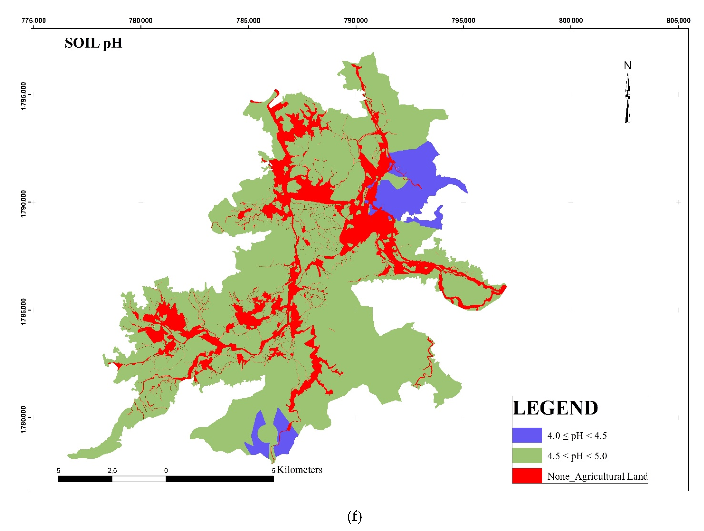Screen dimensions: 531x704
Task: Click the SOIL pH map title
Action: point(93,43)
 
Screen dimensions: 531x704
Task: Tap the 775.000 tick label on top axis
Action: point(33,20)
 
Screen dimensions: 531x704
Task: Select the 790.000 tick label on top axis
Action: point(356,20)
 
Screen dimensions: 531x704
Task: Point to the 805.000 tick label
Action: point(678,20)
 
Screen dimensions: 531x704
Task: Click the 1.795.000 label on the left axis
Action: point(23,96)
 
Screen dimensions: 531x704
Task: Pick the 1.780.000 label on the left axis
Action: point(23,419)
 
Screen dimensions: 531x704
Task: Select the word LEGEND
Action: point(555,408)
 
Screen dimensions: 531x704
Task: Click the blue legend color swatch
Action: point(527,435)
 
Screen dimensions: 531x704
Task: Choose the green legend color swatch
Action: point(527,456)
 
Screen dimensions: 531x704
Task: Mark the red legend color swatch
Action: point(527,476)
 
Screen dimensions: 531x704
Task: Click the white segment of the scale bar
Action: point(139,479)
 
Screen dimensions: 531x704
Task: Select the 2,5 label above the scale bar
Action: point(112,470)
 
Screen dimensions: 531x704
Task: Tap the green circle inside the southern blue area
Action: point(267,434)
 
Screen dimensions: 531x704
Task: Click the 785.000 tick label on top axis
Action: point(248,20)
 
